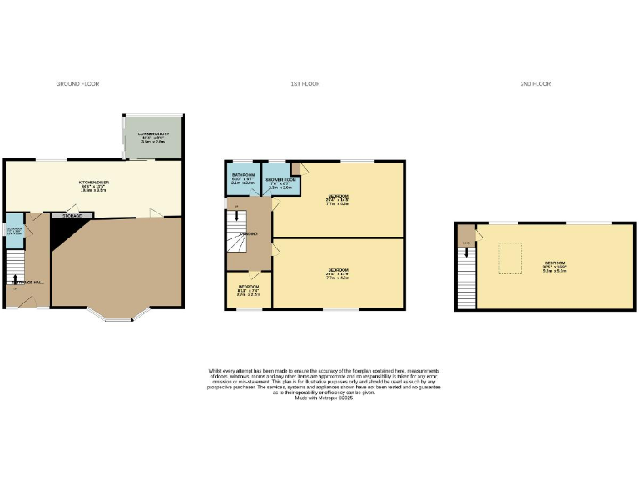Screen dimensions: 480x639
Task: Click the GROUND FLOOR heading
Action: tap(77, 84)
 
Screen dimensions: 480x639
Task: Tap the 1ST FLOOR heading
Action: tap(305, 84)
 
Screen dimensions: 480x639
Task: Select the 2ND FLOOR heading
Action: tap(536, 84)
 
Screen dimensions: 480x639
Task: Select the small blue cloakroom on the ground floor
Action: tap(14, 230)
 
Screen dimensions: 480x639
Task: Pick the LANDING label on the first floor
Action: tap(248, 234)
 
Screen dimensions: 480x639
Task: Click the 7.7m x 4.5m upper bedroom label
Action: tap(338, 199)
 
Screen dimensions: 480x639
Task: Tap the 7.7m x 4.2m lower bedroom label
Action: tap(338, 272)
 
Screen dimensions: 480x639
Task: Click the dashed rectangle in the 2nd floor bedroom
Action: tap(509, 257)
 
